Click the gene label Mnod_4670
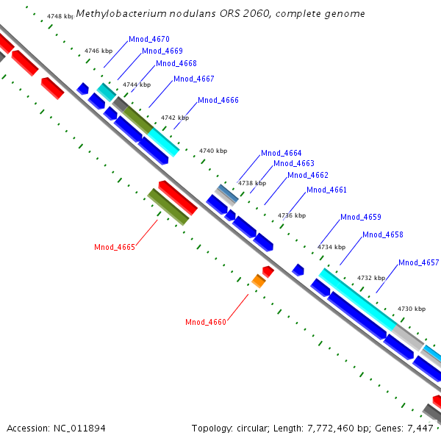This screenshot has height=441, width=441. click(x=148, y=39)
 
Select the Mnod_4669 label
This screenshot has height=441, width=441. click(x=162, y=51)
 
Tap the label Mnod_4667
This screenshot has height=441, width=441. click(x=193, y=79)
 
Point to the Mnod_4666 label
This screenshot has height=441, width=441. click(x=218, y=100)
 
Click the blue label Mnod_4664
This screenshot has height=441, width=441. click(x=282, y=153)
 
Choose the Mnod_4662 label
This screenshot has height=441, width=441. click(x=307, y=175)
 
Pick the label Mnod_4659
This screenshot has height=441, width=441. click(x=360, y=218)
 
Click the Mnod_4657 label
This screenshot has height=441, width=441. click(x=418, y=262)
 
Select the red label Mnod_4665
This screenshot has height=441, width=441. click(x=115, y=247)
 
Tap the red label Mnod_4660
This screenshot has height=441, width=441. click(x=206, y=322)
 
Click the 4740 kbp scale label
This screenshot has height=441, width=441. click(x=213, y=151)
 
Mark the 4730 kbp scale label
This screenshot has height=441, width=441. click(x=411, y=309)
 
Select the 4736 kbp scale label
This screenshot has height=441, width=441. click(x=291, y=215)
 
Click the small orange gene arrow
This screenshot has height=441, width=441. click(x=258, y=281)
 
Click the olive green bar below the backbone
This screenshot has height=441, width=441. click(x=168, y=207)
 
